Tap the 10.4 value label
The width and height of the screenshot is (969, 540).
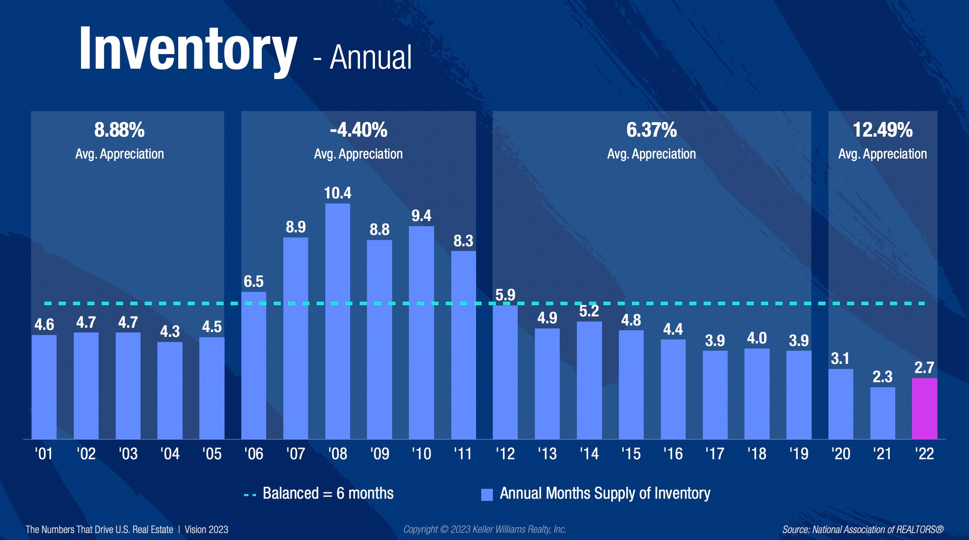point(337,193)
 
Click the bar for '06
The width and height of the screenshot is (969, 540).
point(253,365)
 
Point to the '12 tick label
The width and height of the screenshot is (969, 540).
point(505,453)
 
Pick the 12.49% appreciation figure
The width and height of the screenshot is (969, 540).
point(882,130)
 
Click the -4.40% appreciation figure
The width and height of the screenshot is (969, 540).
point(359,130)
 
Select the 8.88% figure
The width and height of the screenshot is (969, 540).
point(119,130)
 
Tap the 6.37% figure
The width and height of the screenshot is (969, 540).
point(651,130)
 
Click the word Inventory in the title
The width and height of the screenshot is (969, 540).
point(188,49)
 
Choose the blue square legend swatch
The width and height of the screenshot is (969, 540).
point(487,494)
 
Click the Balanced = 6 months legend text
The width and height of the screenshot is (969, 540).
point(328,493)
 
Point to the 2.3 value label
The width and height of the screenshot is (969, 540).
point(882,377)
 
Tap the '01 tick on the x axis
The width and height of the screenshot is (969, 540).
point(44,453)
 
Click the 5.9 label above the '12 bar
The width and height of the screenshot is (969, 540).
point(505,295)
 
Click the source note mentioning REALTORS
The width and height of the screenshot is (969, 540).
point(863,529)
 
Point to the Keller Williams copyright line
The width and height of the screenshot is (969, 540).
point(484,529)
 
